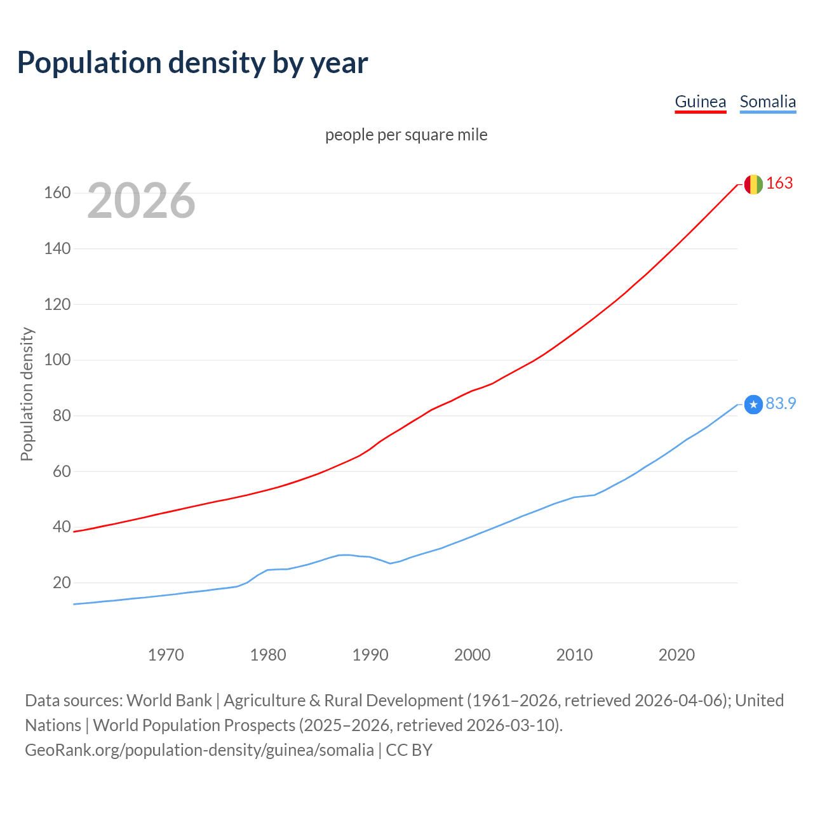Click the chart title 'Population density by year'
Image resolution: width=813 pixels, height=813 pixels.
[192, 62]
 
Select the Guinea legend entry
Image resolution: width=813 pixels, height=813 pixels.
[700, 102]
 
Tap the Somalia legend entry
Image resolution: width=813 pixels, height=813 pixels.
[767, 102]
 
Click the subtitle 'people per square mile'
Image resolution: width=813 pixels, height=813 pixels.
[406, 135]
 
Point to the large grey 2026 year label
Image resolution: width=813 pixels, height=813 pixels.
[141, 201]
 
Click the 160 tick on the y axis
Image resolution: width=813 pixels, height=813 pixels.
[57, 193]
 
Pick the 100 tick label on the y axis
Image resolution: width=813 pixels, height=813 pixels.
[57, 360]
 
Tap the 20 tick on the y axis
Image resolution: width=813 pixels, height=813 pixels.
[62, 583]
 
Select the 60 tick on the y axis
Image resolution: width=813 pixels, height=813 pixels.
[62, 472]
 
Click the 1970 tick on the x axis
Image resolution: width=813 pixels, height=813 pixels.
[166, 655]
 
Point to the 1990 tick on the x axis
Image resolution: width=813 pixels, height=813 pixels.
[370, 655]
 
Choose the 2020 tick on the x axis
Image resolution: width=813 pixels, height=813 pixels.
[676, 655]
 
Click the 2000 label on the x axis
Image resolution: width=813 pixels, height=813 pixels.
[472, 655]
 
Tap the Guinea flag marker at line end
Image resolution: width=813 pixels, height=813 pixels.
[753, 184]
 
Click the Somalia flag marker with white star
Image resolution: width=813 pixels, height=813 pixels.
[753, 404]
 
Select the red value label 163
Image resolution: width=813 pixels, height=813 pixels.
[779, 184]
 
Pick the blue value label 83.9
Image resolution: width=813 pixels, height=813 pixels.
[781, 404]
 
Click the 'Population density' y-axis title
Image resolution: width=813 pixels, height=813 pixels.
[27, 394]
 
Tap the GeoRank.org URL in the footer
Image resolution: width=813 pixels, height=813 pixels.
[199, 750]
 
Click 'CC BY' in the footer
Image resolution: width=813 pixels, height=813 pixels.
[409, 750]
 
